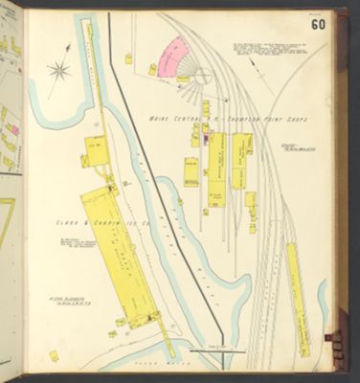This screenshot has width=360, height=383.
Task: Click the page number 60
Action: (x=317, y=22)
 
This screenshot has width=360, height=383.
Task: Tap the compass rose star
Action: (x=58, y=69)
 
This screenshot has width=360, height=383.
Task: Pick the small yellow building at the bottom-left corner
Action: (x=55, y=355)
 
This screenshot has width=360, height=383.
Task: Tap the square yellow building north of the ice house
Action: (x=96, y=151)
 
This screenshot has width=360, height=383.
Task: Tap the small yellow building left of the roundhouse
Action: (x=152, y=69)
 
